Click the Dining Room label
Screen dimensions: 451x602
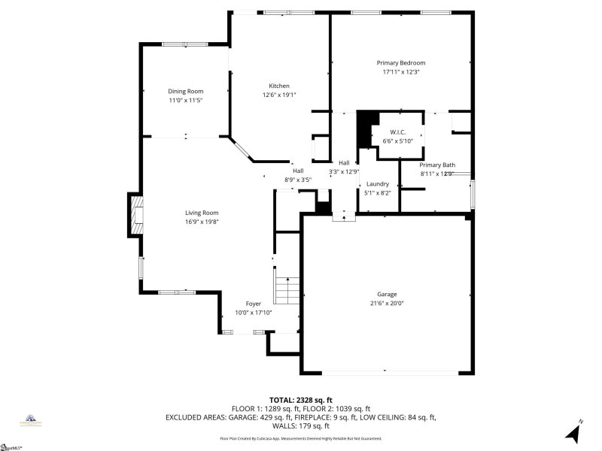coord(185,91)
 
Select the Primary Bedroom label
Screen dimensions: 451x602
coord(401,63)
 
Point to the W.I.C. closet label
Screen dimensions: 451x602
coord(398,132)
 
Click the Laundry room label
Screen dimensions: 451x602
coord(377,183)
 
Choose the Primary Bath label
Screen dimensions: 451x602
coord(437,165)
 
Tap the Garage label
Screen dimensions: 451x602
coord(387,294)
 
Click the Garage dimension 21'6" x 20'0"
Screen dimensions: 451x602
coord(387,303)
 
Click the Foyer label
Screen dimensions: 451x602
coord(253,304)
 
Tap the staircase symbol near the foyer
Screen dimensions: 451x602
coord(287,289)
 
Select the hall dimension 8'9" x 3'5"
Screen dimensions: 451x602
coord(298,180)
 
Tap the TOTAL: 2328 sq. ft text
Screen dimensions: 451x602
coord(300,399)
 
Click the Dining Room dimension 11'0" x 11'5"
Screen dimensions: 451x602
coord(185,100)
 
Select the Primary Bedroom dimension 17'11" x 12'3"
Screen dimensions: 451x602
coord(401,72)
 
